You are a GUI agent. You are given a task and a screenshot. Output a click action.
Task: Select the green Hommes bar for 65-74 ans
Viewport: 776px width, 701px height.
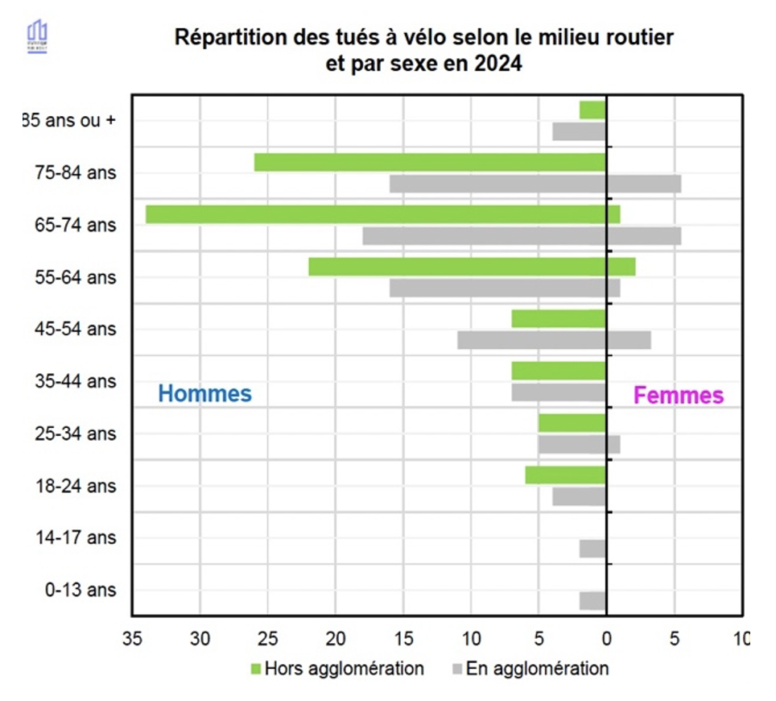[x=376, y=214]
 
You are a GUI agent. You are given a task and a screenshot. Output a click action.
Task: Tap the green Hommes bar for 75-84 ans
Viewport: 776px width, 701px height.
[x=430, y=162]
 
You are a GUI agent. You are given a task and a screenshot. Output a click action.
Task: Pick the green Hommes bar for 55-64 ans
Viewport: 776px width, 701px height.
[x=457, y=267]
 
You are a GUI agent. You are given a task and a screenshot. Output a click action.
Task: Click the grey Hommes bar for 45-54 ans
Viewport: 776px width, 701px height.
[x=532, y=340]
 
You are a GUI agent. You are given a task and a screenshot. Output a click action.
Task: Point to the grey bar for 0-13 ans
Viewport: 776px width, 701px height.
[x=593, y=600]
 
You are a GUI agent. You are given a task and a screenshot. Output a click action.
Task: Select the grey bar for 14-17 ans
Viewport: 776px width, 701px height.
[x=593, y=549]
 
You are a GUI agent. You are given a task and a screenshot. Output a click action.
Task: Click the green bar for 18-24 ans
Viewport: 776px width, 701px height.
[x=566, y=475]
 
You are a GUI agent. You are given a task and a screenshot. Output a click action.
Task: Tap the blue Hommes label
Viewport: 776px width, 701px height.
[x=204, y=394]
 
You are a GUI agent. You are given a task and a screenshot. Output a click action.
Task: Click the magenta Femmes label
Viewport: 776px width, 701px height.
[x=679, y=396]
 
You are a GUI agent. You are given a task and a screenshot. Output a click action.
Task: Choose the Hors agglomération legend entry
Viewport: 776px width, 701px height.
[x=337, y=669]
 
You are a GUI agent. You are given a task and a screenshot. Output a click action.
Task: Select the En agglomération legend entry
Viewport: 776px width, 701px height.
[x=530, y=669]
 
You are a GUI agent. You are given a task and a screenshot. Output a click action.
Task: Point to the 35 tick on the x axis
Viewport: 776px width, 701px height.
[x=132, y=639]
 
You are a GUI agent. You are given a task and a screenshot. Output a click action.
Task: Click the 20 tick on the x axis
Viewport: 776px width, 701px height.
[x=336, y=639]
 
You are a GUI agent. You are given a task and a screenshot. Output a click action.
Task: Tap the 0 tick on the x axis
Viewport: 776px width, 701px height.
[x=606, y=639]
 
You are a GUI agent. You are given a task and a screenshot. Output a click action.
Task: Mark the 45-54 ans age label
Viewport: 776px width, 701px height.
[x=80, y=329]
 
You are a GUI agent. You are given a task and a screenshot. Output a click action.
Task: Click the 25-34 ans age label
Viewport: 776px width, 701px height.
[x=80, y=433]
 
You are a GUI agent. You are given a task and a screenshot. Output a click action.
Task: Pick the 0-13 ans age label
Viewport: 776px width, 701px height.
[x=80, y=590]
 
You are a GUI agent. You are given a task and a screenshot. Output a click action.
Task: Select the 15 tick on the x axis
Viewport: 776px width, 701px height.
[x=403, y=639]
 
